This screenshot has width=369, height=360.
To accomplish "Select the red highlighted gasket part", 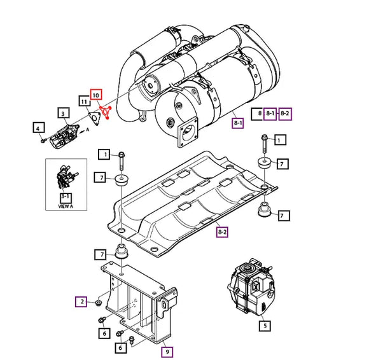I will coord(106,115).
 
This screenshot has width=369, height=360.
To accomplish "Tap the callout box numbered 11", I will coord(84,101).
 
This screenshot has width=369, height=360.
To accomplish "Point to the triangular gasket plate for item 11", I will coord(95,119).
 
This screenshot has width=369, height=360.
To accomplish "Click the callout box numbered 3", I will coord(64,114).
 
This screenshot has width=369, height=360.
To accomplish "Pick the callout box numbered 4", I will coord(38,127).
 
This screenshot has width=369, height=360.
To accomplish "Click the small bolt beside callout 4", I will coord(42,140).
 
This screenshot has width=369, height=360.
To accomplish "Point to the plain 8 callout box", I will coord(260,113).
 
